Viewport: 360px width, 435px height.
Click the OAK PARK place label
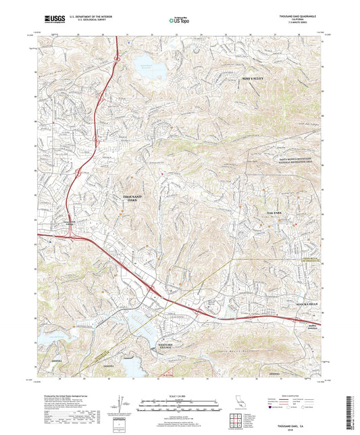[x=269, y=213]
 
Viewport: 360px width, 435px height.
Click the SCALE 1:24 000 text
[x=180, y=395]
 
